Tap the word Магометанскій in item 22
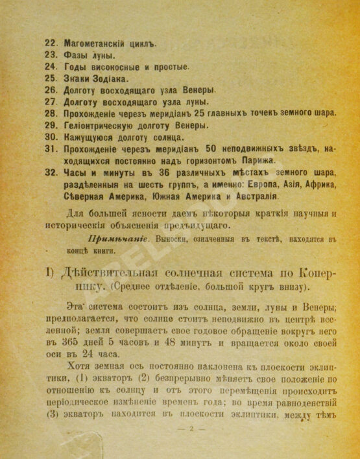(95, 43)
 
